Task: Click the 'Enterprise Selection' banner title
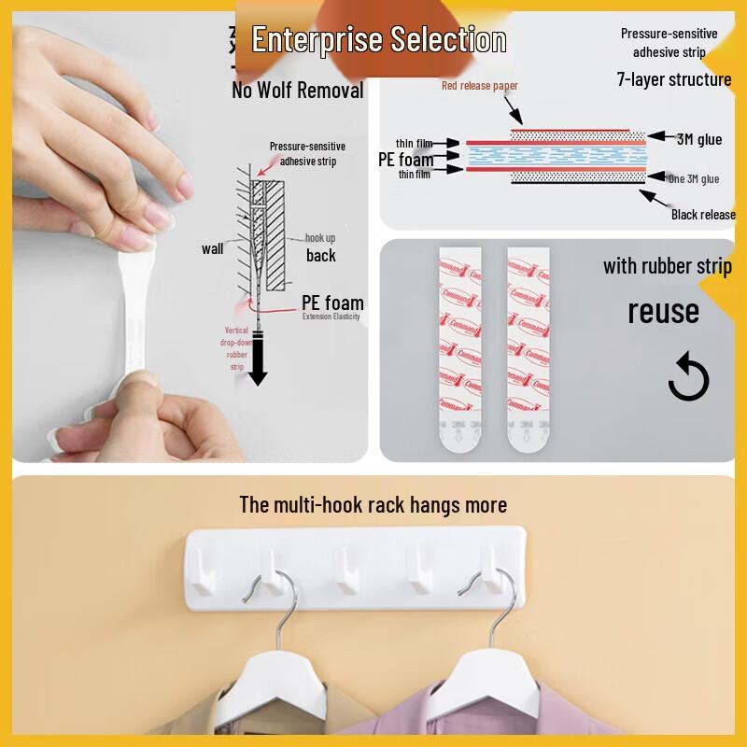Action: pos(379,40)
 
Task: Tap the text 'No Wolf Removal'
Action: pos(297,91)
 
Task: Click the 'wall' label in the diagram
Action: pos(212,248)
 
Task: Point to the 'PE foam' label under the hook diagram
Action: pos(332,303)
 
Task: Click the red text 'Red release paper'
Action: pos(480,86)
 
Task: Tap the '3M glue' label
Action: pos(698,139)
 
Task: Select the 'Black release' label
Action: pos(703,215)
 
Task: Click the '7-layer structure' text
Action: pos(674,79)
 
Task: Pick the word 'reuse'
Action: pos(663,311)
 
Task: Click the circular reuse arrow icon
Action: pos(689,379)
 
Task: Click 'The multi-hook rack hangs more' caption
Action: pos(373,505)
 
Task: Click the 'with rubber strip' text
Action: pos(667,266)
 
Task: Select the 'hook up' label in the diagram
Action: pos(320,238)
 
